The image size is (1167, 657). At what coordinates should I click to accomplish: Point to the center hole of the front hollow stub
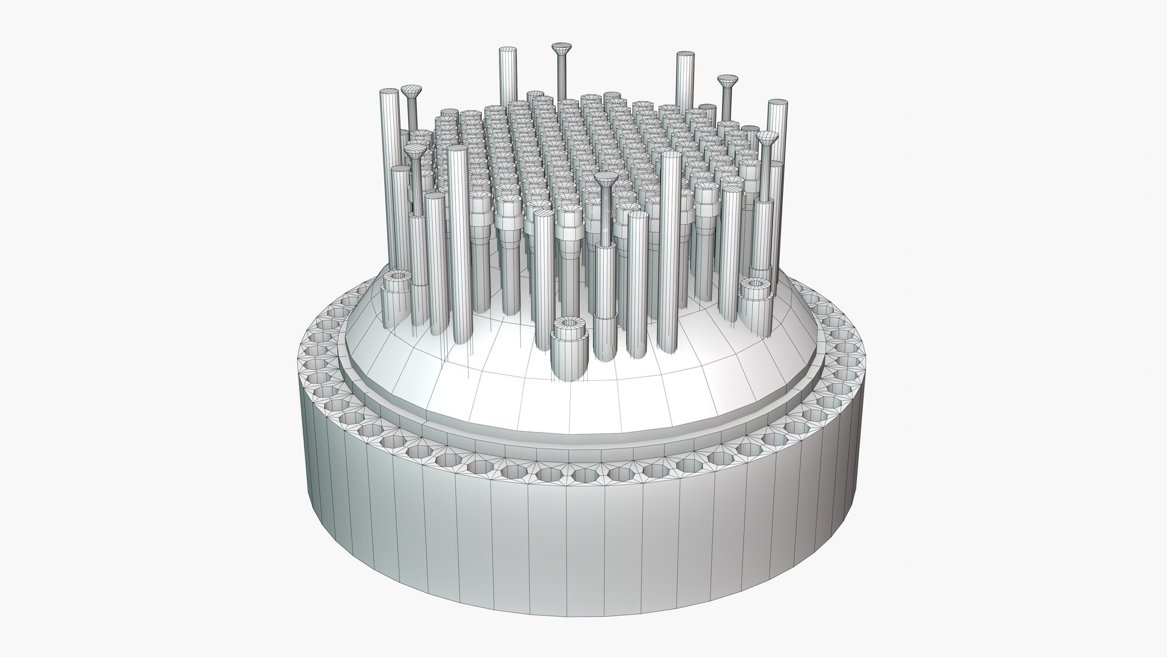570,321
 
